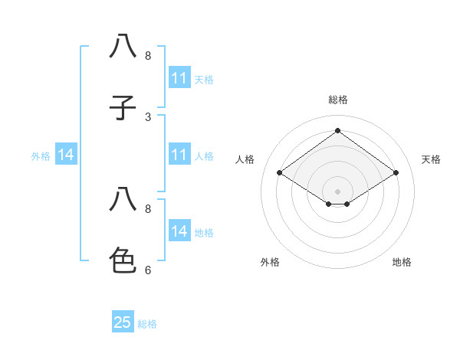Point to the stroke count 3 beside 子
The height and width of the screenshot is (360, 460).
pyautogui.click(x=148, y=117)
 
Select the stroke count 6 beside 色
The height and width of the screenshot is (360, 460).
pyautogui.click(x=148, y=270)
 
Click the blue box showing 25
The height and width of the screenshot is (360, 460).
pyautogui.click(x=123, y=322)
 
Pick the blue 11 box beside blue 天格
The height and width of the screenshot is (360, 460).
pyautogui.click(x=179, y=78)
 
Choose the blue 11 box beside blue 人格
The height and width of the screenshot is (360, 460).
pyautogui.click(x=179, y=155)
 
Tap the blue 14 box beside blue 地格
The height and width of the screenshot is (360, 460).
pyautogui.click(x=179, y=231)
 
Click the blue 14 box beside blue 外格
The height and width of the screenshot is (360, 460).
pyautogui.click(x=66, y=155)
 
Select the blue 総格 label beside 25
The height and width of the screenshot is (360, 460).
pyautogui.click(x=147, y=324)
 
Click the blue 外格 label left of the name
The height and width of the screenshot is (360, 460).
pyautogui.click(x=41, y=156)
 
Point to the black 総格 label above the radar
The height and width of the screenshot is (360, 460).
pyautogui.click(x=338, y=100)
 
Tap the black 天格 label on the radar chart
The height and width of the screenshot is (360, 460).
pyautogui.click(x=432, y=159)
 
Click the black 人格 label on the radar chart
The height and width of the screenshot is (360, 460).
pyautogui.click(x=245, y=159)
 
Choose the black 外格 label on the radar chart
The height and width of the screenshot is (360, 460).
pyautogui.click(x=270, y=263)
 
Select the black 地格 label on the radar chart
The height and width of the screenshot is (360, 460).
pyautogui.click(x=402, y=263)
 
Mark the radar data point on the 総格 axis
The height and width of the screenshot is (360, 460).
pyautogui.click(x=338, y=131)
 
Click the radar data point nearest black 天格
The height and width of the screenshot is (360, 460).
pyautogui.click(x=396, y=173)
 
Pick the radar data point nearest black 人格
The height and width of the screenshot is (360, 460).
pyautogui.click(x=280, y=173)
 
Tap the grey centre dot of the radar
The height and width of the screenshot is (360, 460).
pyautogui.click(x=338, y=191)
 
